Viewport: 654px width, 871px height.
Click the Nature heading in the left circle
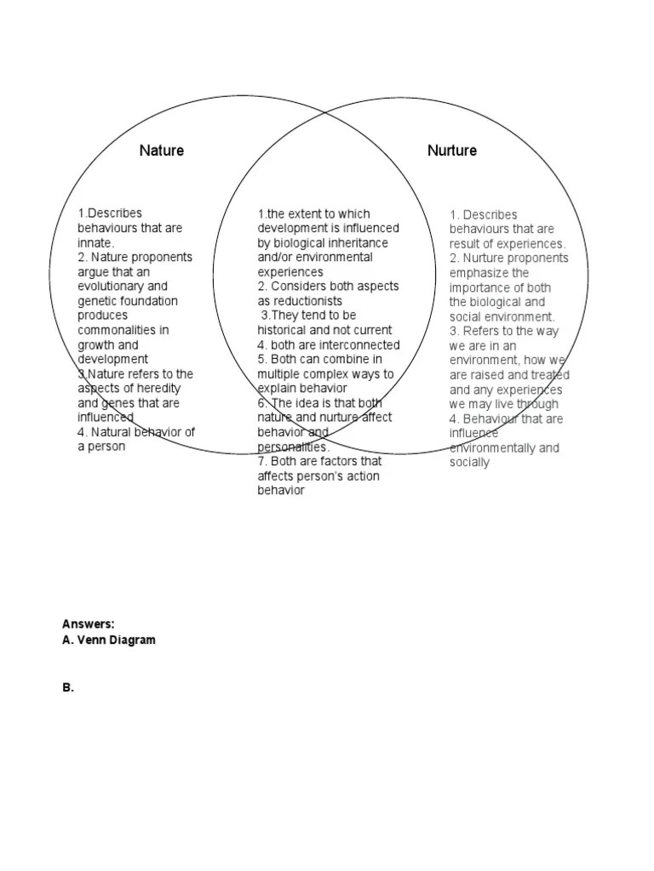pyautogui.click(x=162, y=151)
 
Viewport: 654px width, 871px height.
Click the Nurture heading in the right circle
pyautogui.click(x=452, y=151)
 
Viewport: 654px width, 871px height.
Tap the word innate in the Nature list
pyautogui.click(x=95, y=243)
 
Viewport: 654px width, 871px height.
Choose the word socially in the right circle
pyautogui.click(x=469, y=462)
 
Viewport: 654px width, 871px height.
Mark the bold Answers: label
pyautogui.click(x=89, y=624)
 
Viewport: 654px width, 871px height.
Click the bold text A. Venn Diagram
pyautogui.click(x=109, y=640)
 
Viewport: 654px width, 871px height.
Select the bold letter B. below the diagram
pyautogui.click(x=68, y=688)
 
